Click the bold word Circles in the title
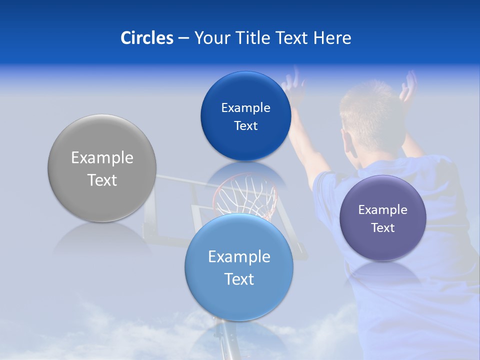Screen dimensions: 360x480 pyautogui.click(x=147, y=38)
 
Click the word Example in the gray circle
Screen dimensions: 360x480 pyautogui.click(x=102, y=158)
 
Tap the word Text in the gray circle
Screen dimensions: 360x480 pyautogui.click(x=102, y=180)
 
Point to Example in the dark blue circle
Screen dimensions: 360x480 pyautogui.click(x=245, y=108)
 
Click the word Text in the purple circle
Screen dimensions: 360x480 pyautogui.click(x=383, y=228)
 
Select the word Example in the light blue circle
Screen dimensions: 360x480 pyautogui.click(x=239, y=257)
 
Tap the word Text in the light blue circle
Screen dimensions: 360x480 pyautogui.click(x=239, y=279)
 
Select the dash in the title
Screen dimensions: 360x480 pyautogui.click(x=183, y=38)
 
